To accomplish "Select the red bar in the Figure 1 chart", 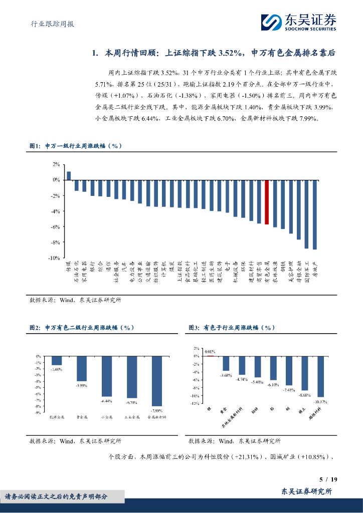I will click(267, 202).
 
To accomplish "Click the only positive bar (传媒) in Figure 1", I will click(69, 175).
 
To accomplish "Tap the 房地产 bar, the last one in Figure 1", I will click(314, 214).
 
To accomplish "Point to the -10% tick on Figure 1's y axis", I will click(54, 258).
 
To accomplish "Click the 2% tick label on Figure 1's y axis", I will click(56, 164).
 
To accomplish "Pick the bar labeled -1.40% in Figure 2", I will click(57, 360).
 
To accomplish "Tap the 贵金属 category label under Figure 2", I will click(82, 416).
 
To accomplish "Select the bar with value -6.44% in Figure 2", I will click(107, 376).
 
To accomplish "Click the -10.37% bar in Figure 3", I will click(320, 376).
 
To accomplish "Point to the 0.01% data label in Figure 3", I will click(210, 352).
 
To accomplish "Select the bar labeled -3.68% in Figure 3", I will click(226, 363).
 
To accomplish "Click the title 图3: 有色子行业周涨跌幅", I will click(232, 328).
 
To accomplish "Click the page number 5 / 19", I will click(328, 479).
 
